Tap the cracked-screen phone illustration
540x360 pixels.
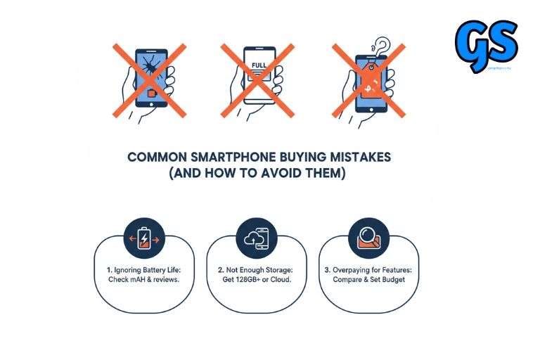click(150, 79)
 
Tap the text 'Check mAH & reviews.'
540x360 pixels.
click(144, 280)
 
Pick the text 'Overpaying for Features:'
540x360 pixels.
click(368, 269)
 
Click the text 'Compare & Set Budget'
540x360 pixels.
click(368, 280)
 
